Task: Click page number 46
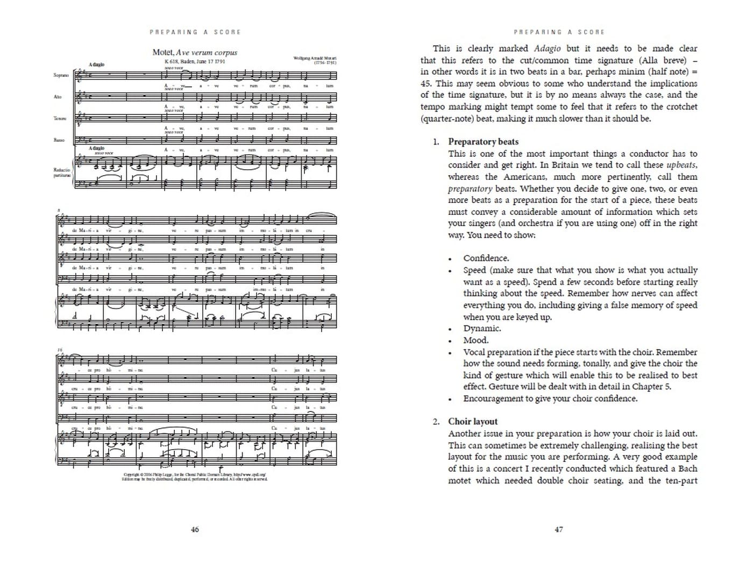pyautogui.click(x=195, y=529)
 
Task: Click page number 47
pyautogui.click(x=559, y=529)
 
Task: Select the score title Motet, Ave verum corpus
pyautogui.click(x=195, y=53)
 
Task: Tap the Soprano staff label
pyautogui.click(x=61, y=75)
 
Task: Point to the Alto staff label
pyautogui.click(x=58, y=97)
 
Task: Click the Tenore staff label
pyautogui.click(x=60, y=118)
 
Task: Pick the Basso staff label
pyautogui.click(x=59, y=140)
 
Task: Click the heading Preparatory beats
pyautogui.click(x=483, y=142)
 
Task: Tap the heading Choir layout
pyautogui.click(x=473, y=422)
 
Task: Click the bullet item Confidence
pyautogui.click(x=486, y=258)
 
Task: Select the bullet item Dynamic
pyautogui.click(x=482, y=329)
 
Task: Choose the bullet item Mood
pyautogui.click(x=476, y=341)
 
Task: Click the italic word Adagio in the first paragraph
pyautogui.click(x=547, y=48)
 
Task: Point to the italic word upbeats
pyautogui.click(x=681, y=165)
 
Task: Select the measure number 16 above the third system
pyautogui.click(x=60, y=350)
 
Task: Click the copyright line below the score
pyautogui.click(x=195, y=475)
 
